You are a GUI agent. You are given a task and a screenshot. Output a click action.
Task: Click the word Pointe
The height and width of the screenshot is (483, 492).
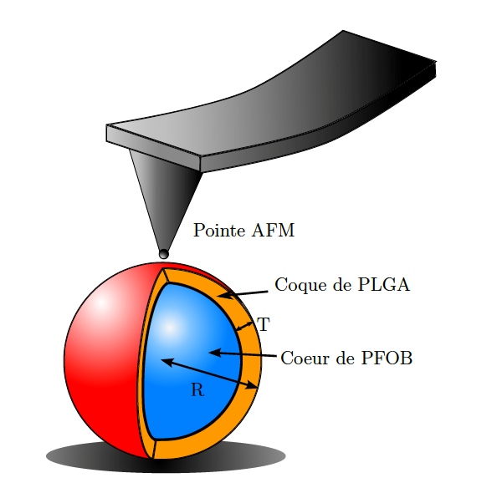(x=219, y=231)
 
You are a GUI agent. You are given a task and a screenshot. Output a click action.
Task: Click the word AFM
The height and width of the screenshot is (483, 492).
(x=273, y=231)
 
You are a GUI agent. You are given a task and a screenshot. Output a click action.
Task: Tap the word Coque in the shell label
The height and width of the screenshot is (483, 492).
(x=300, y=286)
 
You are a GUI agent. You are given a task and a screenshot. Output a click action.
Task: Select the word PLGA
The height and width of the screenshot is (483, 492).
(x=383, y=285)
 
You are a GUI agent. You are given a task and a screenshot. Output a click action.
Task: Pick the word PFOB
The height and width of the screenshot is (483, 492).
(x=387, y=358)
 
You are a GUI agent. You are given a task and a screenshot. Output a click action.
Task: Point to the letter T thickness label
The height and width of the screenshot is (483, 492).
(x=264, y=324)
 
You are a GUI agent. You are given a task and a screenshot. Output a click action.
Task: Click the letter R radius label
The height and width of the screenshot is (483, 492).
(x=197, y=390)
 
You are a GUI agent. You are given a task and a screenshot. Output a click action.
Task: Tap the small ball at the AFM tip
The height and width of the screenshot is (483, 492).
(x=164, y=253)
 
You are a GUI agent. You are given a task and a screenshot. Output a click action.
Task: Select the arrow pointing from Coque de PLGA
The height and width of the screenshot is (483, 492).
(x=243, y=294)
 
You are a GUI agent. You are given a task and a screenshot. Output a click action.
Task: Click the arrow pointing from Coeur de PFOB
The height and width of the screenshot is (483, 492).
(x=243, y=354)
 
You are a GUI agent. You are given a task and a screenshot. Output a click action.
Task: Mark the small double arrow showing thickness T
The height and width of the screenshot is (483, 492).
(x=244, y=326)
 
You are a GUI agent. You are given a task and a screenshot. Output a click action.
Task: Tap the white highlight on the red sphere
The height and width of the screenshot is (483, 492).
(x=101, y=303)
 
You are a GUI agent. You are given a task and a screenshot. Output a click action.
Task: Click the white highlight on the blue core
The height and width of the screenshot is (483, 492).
(x=170, y=328)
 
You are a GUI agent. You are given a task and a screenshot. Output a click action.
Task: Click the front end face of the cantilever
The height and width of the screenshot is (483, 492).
(x=153, y=148)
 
